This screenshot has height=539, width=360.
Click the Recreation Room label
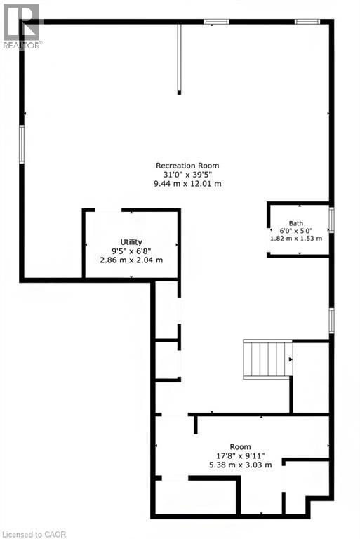(x=187, y=166)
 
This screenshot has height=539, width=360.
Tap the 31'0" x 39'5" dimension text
(x=187, y=174)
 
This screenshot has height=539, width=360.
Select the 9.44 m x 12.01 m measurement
(x=187, y=184)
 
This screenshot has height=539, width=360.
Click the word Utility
(x=131, y=242)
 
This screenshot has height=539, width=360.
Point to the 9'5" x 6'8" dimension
(x=131, y=251)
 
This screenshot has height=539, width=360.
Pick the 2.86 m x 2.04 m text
(x=131, y=260)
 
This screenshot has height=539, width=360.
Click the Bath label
(x=296, y=223)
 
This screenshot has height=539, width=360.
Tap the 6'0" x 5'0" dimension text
(x=296, y=231)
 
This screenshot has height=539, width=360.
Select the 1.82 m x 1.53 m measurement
(x=296, y=238)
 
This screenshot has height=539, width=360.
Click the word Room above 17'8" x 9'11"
(x=240, y=447)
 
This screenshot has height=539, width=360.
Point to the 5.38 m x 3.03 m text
(x=240, y=465)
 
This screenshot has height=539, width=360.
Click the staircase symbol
(x=268, y=359)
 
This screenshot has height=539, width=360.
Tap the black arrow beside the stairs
(x=291, y=359)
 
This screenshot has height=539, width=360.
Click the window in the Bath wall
(x=331, y=220)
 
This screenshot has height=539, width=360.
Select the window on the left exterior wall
(x=22, y=145)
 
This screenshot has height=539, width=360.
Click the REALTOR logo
(x=21, y=26)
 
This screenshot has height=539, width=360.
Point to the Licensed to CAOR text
(x=34, y=535)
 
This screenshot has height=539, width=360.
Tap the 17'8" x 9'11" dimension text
(x=240, y=456)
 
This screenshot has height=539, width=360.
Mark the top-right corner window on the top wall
(x=307, y=22)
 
